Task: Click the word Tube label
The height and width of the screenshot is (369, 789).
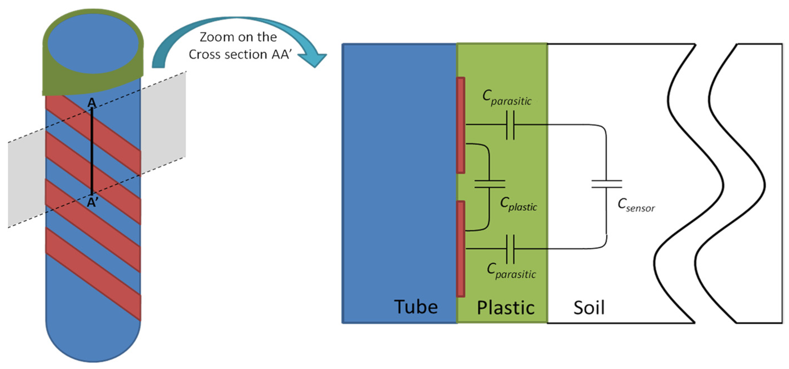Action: click(x=416, y=307)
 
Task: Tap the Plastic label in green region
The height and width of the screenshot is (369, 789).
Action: click(x=506, y=308)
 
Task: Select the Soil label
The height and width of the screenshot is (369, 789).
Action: click(x=589, y=308)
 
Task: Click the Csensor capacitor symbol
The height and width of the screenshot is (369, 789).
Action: click(x=607, y=184)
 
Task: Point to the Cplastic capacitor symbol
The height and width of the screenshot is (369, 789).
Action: click(x=490, y=184)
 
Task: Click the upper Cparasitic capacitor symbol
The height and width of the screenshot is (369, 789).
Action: click(x=510, y=125)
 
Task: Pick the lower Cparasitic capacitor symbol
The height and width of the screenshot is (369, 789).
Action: click(x=510, y=249)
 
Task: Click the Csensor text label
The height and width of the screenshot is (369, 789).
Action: click(x=636, y=205)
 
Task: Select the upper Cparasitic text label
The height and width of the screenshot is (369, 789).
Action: click(x=507, y=98)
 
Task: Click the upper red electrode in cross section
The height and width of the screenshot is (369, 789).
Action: click(x=461, y=125)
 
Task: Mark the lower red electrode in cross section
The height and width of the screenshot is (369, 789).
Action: click(x=461, y=249)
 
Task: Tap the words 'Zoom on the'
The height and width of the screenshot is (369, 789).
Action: click(x=238, y=37)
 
